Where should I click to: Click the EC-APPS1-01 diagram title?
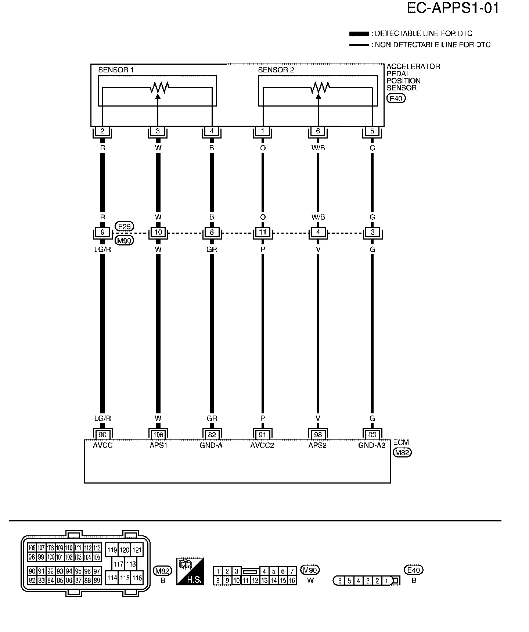pyautogui.click(x=453, y=8)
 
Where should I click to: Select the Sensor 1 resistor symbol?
pyautogui.click(x=159, y=87)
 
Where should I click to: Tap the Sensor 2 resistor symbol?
pyautogui.click(x=320, y=87)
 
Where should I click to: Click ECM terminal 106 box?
pyautogui.click(x=158, y=435)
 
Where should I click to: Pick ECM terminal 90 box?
pyautogui.click(x=102, y=435)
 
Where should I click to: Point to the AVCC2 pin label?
pyautogui.click(x=262, y=445)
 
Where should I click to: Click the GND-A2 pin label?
pyautogui.click(x=372, y=445)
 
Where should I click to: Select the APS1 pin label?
pyautogui.click(x=158, y=445)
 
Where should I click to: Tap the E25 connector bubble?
pyautogui.click(x=125, y=226)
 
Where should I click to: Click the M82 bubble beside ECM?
pyautogui.click(x=402, y=453)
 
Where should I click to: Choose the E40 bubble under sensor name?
pyautogui.click(x=396, y=98)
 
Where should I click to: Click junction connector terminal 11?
pyautogui.click(x=263, y=232)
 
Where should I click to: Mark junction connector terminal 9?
pyautogui.click(x=102, y=232)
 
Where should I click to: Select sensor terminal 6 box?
pyautogui.click(x=318, y=131)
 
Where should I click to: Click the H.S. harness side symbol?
pyautogui.click(x=190, y=571)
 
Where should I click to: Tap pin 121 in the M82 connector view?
pyautogui.click(x=137, y=550)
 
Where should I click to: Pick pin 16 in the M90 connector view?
pyautogui.click(x=292, y=581)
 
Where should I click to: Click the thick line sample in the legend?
pyautogui.click(x=359, y=34)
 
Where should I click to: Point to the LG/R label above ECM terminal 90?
pyautogui.click(x=102, y=418)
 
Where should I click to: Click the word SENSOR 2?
pyautogui.click(x=276, y=70)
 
